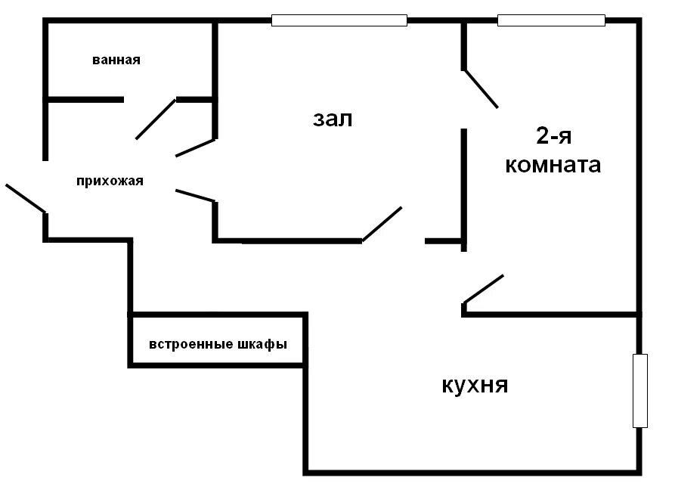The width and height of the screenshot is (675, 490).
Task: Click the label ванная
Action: pyautogui.click(x=116, y=60)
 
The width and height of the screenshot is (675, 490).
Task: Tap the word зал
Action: pyautogui.click(x=333, y=119)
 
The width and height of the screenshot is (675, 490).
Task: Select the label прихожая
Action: pyautogui.click(x=110, y=181)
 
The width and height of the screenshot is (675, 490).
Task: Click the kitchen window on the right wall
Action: pyautogui.click(x=640, y=390)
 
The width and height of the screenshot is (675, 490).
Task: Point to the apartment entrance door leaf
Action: pyautogui.click(x=25, y=197)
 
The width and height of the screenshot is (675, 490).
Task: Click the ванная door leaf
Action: pyautogui.click(x=156, y=119)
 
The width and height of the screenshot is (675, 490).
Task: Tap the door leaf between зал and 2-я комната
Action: pyautogui.click(x=481, y=88)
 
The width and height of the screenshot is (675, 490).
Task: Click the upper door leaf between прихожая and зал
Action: pyautogui.click(x=196, y=147)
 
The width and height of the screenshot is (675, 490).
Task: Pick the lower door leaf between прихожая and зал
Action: pyautogui.click(x=195, y=195)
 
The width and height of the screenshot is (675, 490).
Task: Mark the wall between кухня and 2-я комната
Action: pyautogui.click(x=551, y=314)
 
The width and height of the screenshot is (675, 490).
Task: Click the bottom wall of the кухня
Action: pyautogui.click(x=472, y=473)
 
